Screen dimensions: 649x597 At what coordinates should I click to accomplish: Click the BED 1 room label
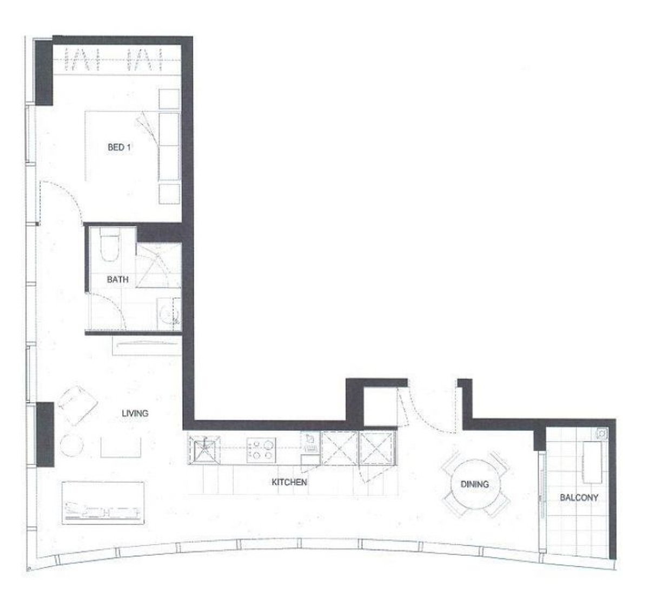[x=119, y=147]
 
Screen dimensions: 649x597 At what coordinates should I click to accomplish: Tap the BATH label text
[x=117, y=280]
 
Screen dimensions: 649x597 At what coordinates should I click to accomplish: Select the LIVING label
[x=135, y=414]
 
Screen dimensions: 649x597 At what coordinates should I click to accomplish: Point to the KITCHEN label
[x=289, y=482]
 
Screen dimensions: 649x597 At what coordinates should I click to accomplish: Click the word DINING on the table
[x=475, y=485]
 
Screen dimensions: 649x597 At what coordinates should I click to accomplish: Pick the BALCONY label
[x=579, y=497]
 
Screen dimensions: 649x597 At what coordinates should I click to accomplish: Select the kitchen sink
[x=204, y=450]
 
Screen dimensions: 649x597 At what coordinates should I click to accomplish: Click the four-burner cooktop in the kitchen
[x=261, y=450]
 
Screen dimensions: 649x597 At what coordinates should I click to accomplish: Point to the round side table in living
[x=71, y=445]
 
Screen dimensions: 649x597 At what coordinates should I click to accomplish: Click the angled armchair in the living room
[x=78, y=405]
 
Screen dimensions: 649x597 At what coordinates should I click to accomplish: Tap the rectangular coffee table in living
[x=121, y=447]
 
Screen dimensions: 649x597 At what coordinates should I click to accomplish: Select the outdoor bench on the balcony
[x=592, y=462]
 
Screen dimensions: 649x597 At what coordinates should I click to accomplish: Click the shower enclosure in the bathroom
[x=158, y=266]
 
